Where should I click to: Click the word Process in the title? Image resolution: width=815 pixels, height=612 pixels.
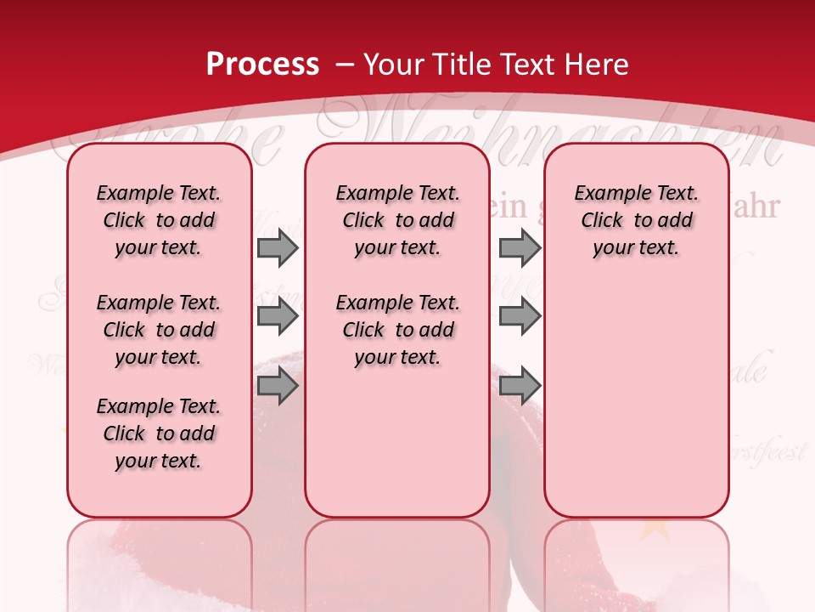(262, 64)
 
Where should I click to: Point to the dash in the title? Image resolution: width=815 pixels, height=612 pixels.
(345, 65)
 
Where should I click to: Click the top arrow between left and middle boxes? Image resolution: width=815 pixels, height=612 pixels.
(277, 248)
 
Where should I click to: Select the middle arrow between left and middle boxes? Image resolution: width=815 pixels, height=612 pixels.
(277, 317)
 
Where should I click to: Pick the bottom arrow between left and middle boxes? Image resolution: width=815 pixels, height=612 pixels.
(277, 387)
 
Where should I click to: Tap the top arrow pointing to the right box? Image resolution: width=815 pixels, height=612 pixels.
(520, 248)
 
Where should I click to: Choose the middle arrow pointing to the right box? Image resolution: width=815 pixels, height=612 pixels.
(520, 317)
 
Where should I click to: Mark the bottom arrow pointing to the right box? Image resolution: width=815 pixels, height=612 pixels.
(520, 387)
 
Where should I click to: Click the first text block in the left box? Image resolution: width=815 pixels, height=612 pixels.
(159, 220)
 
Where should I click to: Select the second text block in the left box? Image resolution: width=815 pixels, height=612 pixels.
(159, 330)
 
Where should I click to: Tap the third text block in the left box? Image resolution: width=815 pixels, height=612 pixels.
(159, 433)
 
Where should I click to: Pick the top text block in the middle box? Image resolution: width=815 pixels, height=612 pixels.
(397, 220)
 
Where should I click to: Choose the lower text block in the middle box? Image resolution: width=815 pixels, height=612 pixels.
(397, 330)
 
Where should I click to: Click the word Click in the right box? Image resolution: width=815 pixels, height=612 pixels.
(602, 220)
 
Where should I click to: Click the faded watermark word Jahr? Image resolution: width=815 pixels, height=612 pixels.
(755, 207)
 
